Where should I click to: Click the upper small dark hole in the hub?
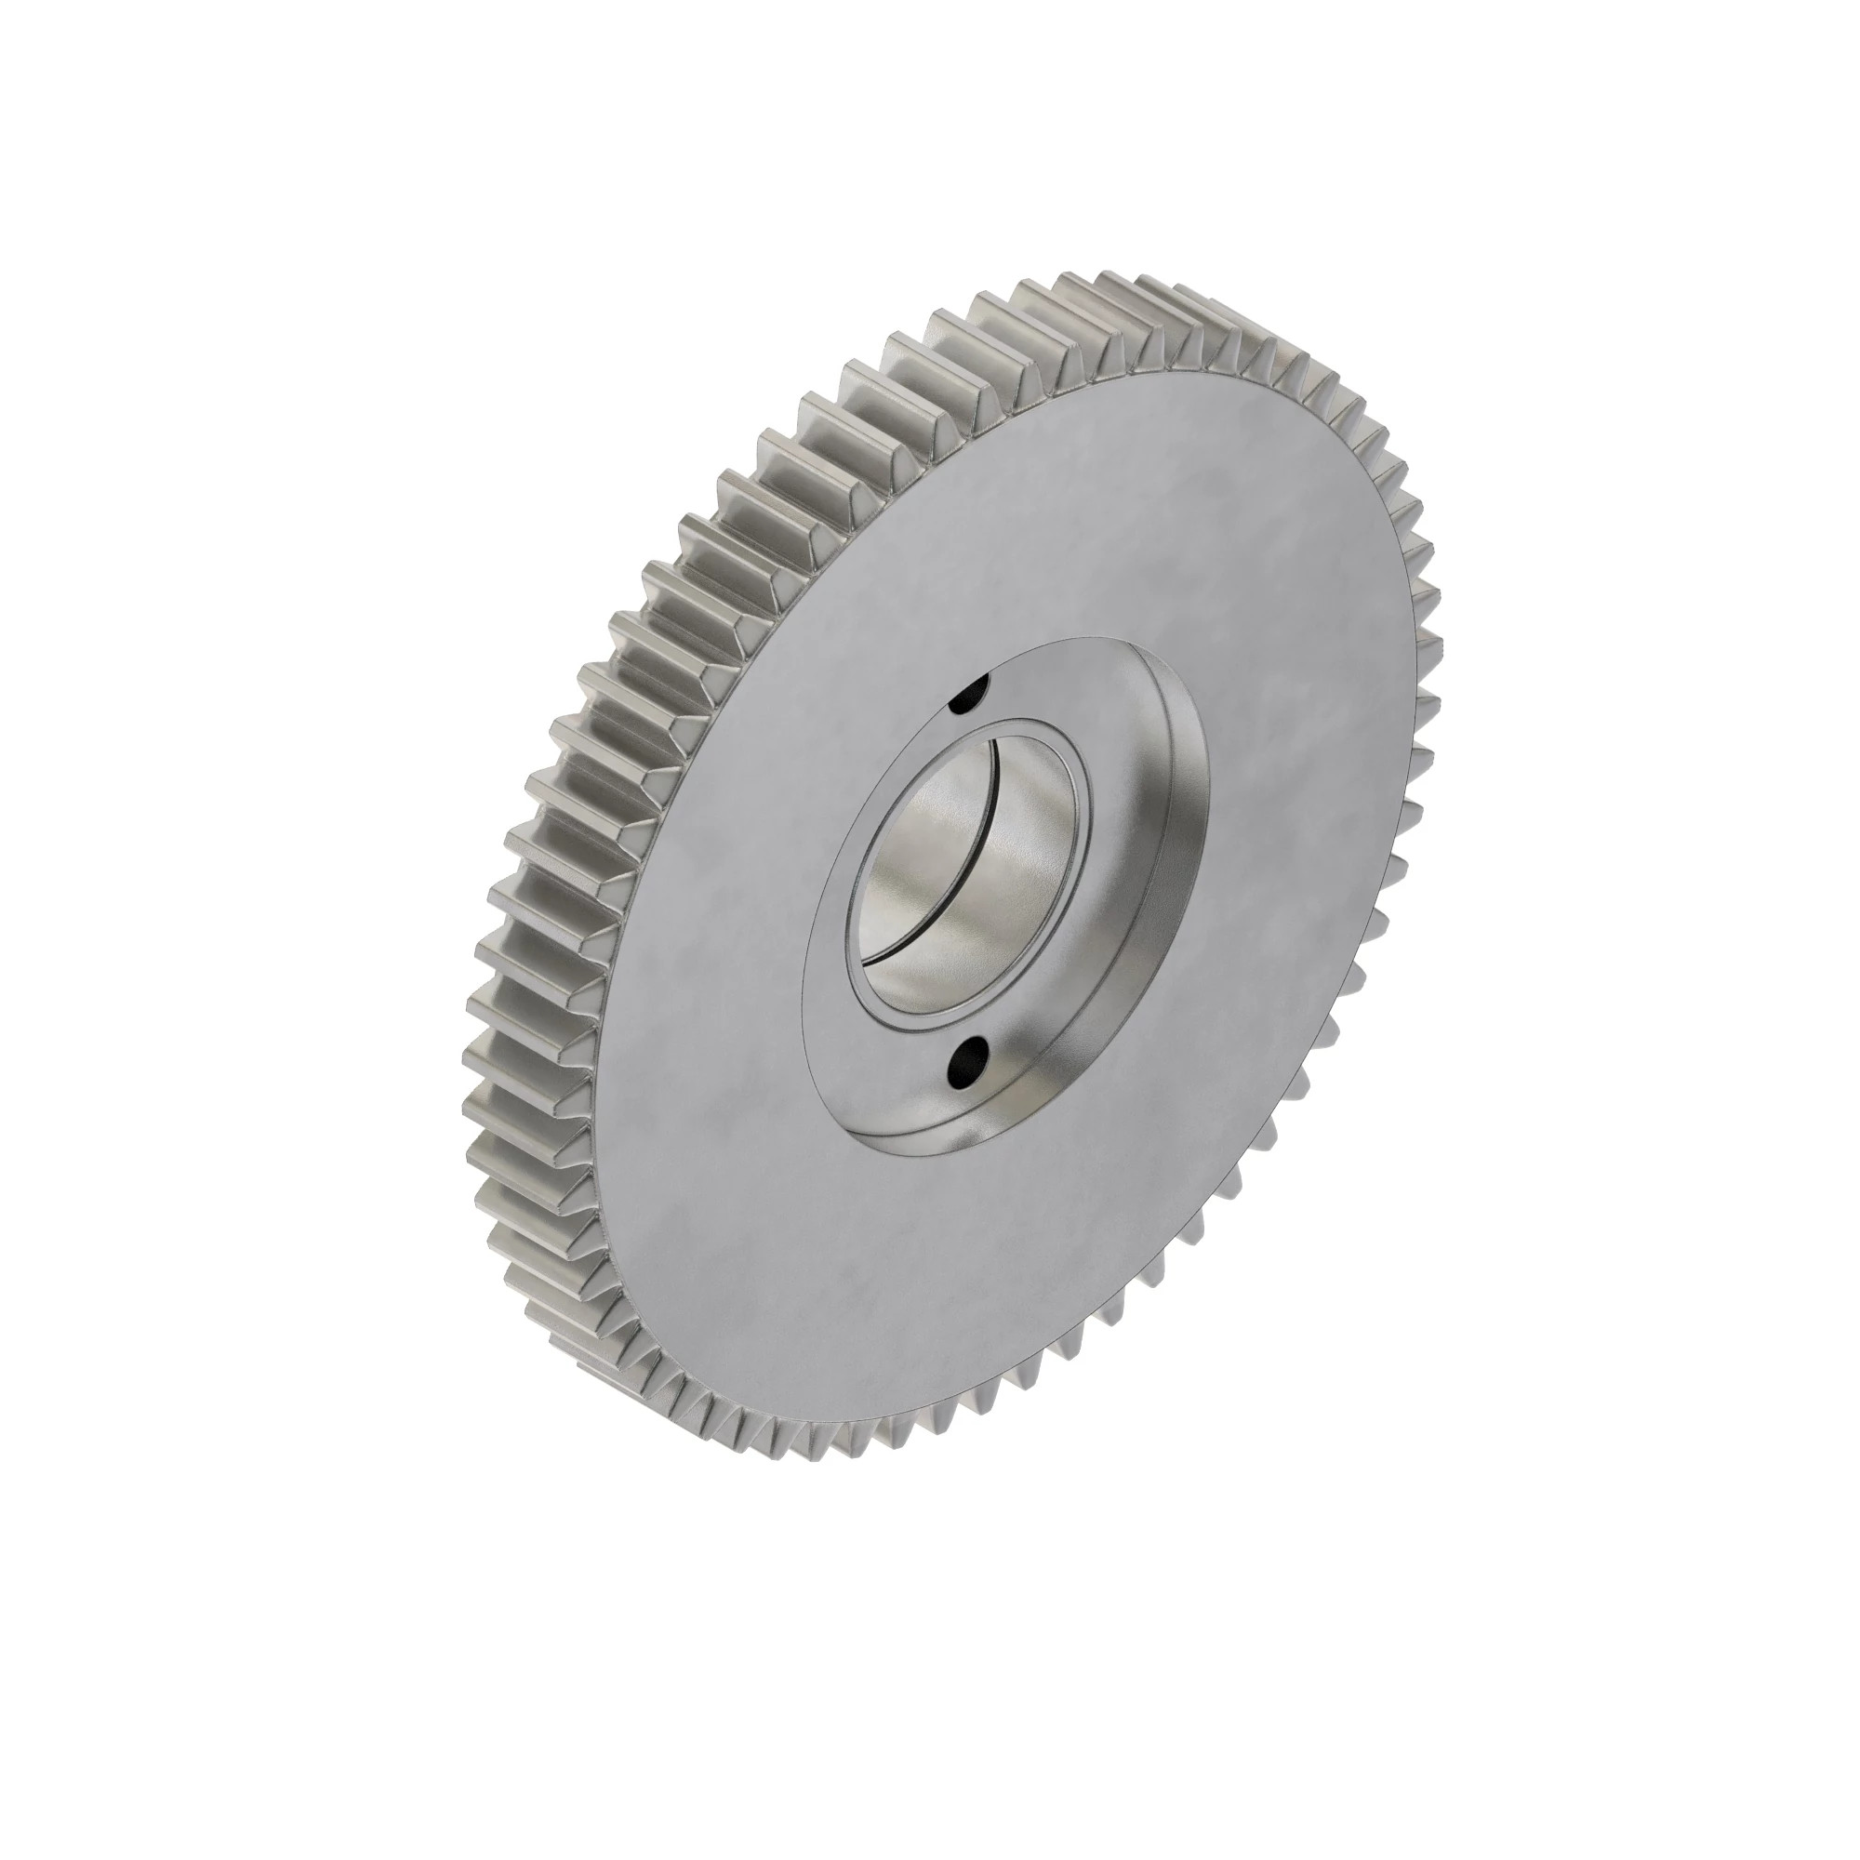point(969,695)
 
